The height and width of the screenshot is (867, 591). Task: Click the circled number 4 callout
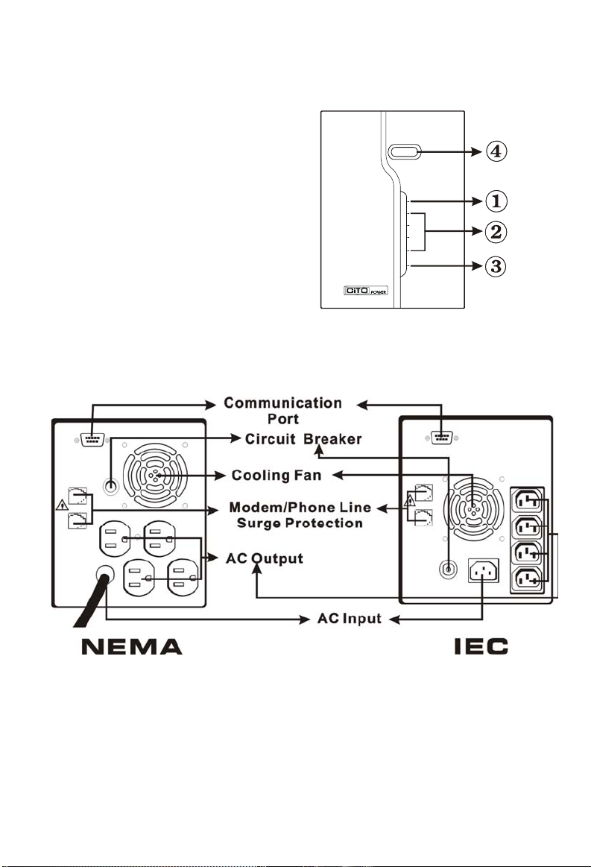coord(496,151)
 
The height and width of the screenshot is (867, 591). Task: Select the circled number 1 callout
coord(496,201)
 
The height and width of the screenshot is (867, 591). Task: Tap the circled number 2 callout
coord(496,232)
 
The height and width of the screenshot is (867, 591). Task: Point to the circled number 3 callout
coord(496,267)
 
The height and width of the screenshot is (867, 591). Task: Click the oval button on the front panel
coord(405,151)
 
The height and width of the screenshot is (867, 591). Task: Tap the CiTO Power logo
coord(365,290)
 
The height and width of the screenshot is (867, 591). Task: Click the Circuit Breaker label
coord(303,439)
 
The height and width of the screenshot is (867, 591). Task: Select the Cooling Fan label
coord(276,476)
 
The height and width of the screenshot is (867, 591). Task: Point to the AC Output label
coord(265,558)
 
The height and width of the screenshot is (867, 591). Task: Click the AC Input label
coord(350,618)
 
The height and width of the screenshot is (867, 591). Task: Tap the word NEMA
coord(132,646)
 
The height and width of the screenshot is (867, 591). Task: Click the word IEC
coord(481,646)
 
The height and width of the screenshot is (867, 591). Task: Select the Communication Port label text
coord(283,411)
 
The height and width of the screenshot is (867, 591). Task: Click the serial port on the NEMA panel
coord(92,440)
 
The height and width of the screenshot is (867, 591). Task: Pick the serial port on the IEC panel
coord(441,438)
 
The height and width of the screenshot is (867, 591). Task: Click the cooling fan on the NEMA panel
coord(155,476)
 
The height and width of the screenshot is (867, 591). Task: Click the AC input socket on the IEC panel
coord(483,570)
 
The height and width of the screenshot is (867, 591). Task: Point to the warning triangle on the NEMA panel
coord(62,504)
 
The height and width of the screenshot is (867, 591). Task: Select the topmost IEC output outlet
coord(528,501)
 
